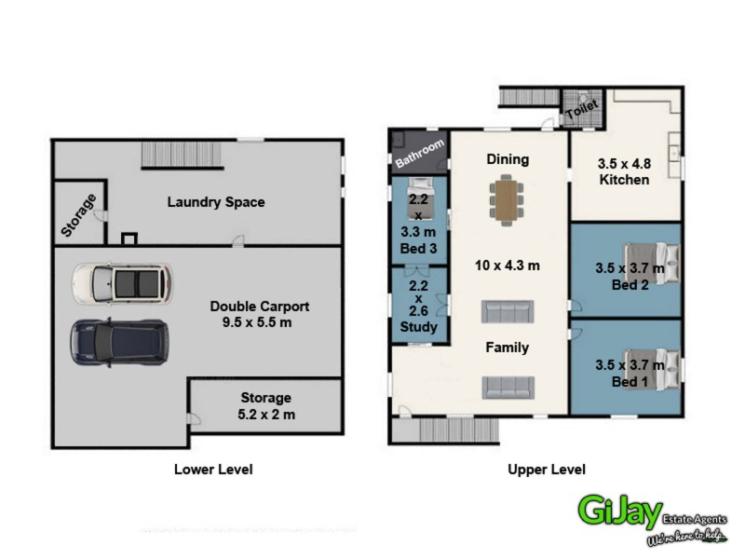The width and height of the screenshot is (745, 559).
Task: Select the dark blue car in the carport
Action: [119, 339]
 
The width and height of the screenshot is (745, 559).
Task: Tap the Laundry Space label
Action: [216, 202]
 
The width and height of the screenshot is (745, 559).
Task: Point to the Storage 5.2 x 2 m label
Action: [266, 406]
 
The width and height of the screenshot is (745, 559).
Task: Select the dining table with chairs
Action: [508, 201]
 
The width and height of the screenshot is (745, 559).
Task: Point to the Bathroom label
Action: [421, 150]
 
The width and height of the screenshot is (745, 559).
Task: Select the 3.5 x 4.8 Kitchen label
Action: [624, 170]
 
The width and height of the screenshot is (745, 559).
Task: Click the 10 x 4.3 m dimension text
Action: [508, 266]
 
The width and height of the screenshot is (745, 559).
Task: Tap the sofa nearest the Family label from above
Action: [508, 311]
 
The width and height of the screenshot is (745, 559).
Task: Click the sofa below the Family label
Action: [508, 386]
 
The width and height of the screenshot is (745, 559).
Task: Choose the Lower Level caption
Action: [213, 470]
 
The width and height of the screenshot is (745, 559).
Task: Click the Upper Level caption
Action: [547, 470]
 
